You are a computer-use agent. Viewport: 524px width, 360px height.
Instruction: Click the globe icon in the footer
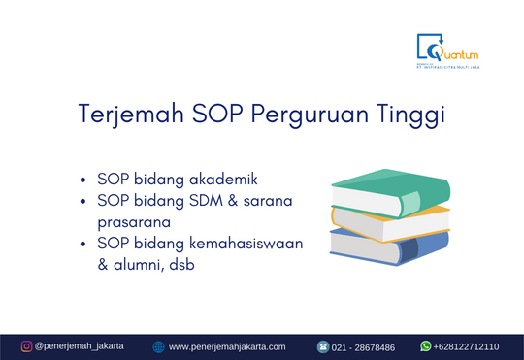158,346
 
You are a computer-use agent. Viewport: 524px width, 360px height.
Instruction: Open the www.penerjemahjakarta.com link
227,346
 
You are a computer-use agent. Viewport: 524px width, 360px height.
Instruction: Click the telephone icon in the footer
323,346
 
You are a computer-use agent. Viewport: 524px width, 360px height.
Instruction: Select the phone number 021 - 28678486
364,346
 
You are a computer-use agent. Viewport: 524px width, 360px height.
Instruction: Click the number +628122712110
467,346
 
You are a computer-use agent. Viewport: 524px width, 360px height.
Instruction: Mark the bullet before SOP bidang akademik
85,180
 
